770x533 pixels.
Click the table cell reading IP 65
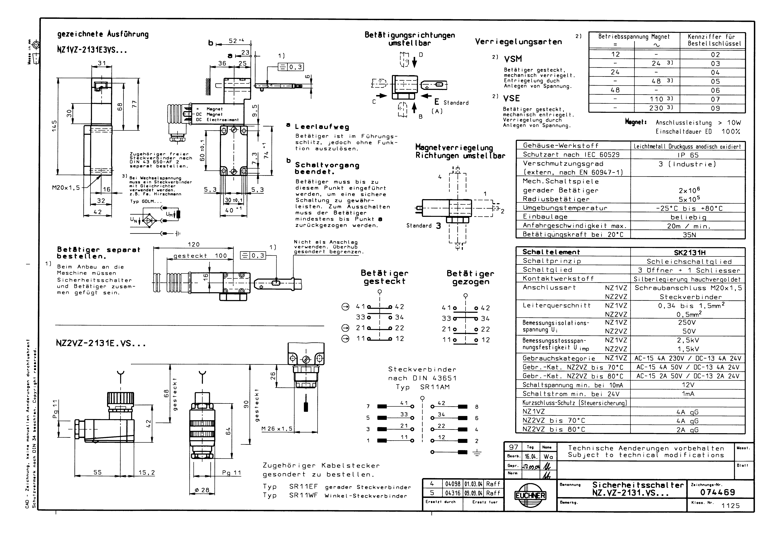[688, 155]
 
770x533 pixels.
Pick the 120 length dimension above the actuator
[194, 244]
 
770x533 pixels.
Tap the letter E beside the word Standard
[436, 102]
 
